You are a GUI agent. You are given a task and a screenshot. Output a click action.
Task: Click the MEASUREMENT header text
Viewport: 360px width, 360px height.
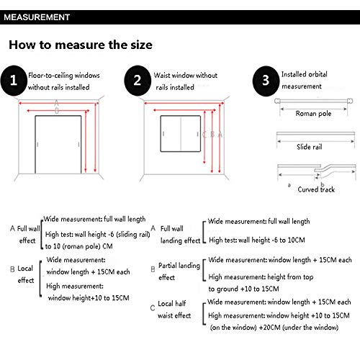pyautogui.click(x=37, y=17)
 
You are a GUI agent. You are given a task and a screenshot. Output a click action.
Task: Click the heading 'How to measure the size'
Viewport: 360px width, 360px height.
pyautogui.click(x=81, y=45)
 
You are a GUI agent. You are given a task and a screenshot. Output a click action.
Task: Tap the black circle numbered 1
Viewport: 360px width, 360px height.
pyautogui.click(x=14, y=81)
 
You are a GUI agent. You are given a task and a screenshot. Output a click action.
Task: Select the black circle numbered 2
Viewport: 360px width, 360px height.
pyautogui.click(x=138, y=81)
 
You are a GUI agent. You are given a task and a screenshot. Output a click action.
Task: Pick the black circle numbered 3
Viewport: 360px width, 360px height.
pyautogui.click(x=266, y=81)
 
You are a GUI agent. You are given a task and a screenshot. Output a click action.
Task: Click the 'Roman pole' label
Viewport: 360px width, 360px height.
pyautogui.click(x=313, y=113)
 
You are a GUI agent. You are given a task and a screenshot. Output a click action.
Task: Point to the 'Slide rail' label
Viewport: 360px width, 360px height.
pyautogui.click(x=310, y=147)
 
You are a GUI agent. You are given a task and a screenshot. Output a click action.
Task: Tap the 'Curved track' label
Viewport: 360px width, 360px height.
pyautogui.click(x=316, y=189)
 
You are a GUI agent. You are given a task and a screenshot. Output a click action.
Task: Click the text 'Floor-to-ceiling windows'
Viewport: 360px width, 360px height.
pyautogui.click(x=64, y=76)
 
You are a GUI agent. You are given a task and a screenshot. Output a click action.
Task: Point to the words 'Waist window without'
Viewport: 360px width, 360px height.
pyautogui.click(x=186, y=76)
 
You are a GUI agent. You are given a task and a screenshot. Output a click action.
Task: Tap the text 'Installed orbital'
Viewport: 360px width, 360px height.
pyautogui.click(x=305, y=74)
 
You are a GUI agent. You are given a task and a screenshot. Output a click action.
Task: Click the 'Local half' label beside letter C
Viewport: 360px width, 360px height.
pyautogui.click(x=172, y=304)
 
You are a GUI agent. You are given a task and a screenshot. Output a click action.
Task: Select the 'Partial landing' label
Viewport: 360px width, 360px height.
pyautogui.click(x=179, y=266)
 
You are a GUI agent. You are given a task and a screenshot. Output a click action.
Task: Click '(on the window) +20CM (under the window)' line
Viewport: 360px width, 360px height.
pyautogui.click(x=274, y=328)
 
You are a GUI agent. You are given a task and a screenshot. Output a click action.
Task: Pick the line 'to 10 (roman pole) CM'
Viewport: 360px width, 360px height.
pyautogui.click(x=79, y=246)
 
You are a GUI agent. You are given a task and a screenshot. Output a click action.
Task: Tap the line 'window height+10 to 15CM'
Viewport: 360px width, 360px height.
pyautogui.click(x=89, y=298)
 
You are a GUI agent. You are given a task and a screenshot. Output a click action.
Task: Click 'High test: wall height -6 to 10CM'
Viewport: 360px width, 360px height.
pyautogui.click(x=257, y=240)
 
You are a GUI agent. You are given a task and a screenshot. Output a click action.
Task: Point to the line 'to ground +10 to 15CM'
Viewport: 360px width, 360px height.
pyautogui.click(x=243, y=289)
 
